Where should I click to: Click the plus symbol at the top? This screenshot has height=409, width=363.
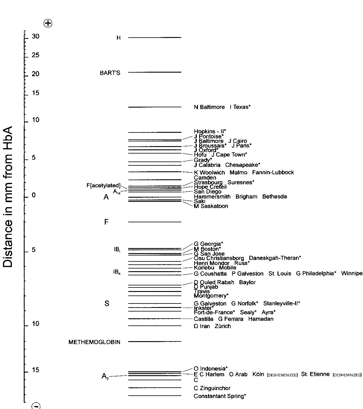(48, 23)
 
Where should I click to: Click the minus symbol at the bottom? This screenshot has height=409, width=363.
(36, 406)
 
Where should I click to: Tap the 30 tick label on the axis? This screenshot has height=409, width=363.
(36, 36)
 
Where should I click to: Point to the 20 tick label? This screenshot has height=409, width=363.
(36, 74)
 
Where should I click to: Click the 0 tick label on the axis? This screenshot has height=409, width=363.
(34, 195)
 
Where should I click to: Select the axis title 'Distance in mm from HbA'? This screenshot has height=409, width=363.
(8, 197)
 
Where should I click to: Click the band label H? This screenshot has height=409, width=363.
(118, 38)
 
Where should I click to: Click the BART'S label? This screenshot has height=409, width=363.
(110, 73)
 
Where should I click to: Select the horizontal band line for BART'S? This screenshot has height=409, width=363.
(155, 72)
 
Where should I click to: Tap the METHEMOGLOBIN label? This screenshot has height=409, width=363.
(94, 342)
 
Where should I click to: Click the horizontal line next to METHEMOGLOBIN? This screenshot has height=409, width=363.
(155, 341)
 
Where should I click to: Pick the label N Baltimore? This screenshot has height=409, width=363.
(209, 107)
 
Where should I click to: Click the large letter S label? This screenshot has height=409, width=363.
(107, 303)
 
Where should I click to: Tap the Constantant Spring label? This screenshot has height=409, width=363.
(220, 396)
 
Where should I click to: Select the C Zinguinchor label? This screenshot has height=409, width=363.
(212, 388)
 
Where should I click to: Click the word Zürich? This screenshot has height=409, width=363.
(223, 326)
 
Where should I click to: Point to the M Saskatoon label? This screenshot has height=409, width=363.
(211, 206)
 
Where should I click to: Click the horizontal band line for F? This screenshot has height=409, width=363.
(155, 222)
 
